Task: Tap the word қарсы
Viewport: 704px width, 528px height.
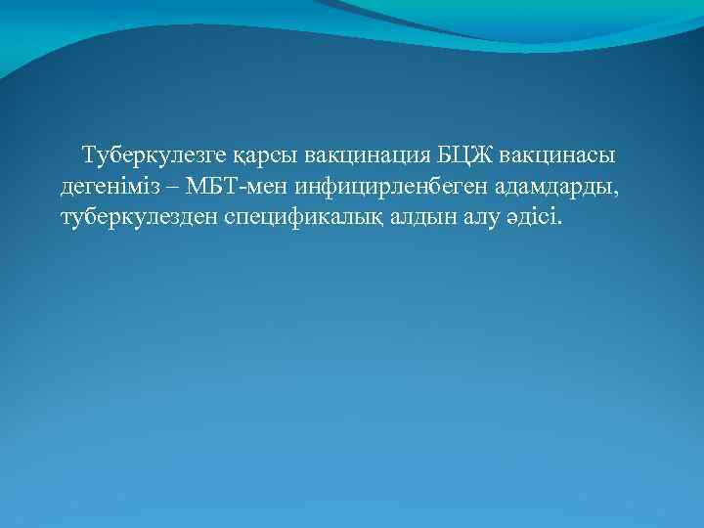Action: click(x=266, y=156)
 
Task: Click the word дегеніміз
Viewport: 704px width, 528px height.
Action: click(x=113, y=186)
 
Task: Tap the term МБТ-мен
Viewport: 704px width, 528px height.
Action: click(x=236, y=186)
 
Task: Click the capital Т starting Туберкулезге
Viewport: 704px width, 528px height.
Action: click(x=90, y=155)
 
